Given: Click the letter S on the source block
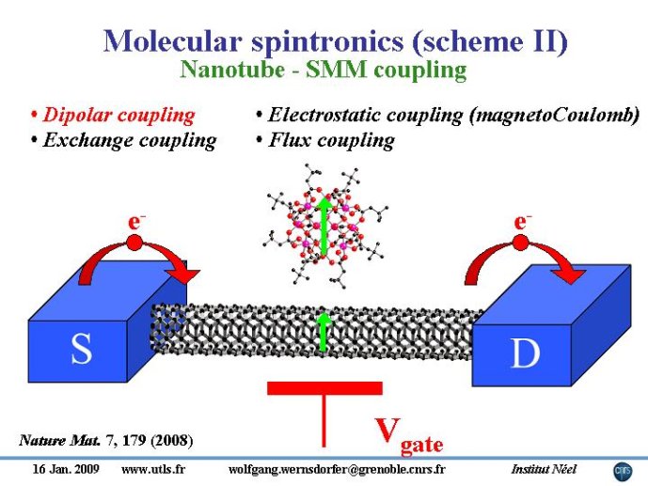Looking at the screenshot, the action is (x=81, y=348).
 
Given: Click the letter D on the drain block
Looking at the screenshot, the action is (x=526, y=353).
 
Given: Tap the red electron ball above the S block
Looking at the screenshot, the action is (x=134, y=243).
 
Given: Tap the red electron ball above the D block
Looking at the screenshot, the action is (x=521, y=243).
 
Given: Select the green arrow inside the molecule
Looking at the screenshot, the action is (x=324, y=226).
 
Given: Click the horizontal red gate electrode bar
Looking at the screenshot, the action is (x=324, y=388).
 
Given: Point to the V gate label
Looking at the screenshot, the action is (x=409, y=436).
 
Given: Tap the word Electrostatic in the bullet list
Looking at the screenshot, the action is (x=321, y=115).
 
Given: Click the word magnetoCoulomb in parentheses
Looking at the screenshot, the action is (x=553, y=115).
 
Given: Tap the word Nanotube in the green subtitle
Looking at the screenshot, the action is (x=232, y=69).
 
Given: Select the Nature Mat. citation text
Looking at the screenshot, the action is (x=105, y=440).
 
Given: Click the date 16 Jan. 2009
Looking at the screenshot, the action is (x=66, y=469).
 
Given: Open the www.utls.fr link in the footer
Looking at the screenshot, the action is (x=153, y=469).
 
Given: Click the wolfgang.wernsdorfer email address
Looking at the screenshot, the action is (x=337, y=469).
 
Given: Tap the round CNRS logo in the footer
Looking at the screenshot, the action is (x=623, y=472).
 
